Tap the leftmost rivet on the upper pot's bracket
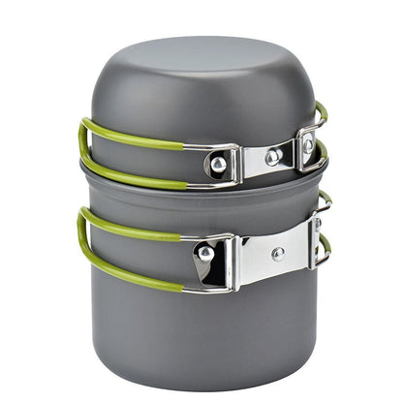(219, 165)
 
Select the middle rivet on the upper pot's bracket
(274, 155)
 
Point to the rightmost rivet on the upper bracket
(307, 146)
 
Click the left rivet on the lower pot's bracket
(205, 254)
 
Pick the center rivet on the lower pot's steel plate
(278, 254)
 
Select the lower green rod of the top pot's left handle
(136, 177)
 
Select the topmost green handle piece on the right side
(321, 111)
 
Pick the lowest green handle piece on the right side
(324, 247)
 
